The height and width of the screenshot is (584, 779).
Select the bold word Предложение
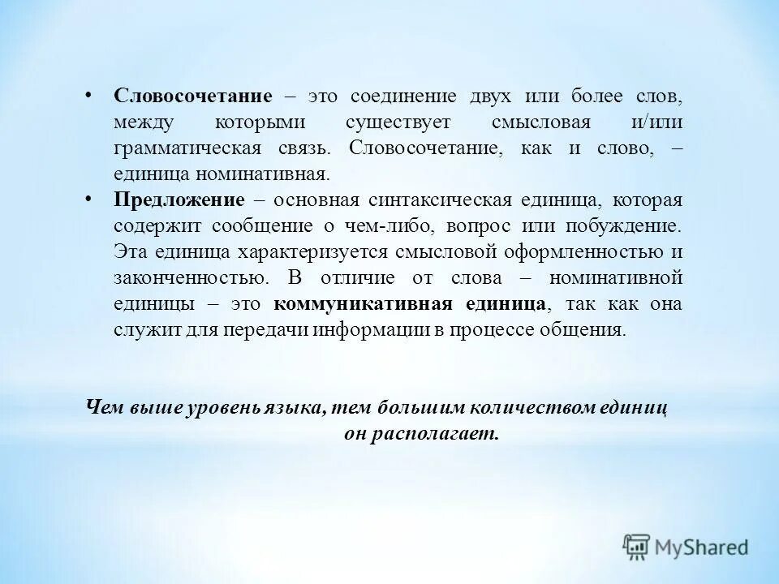179,200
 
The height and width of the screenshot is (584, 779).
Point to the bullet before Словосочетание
88,96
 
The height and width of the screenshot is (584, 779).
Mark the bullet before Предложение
88,200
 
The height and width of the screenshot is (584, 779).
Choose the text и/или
656,123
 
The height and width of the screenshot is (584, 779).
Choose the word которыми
255,123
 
